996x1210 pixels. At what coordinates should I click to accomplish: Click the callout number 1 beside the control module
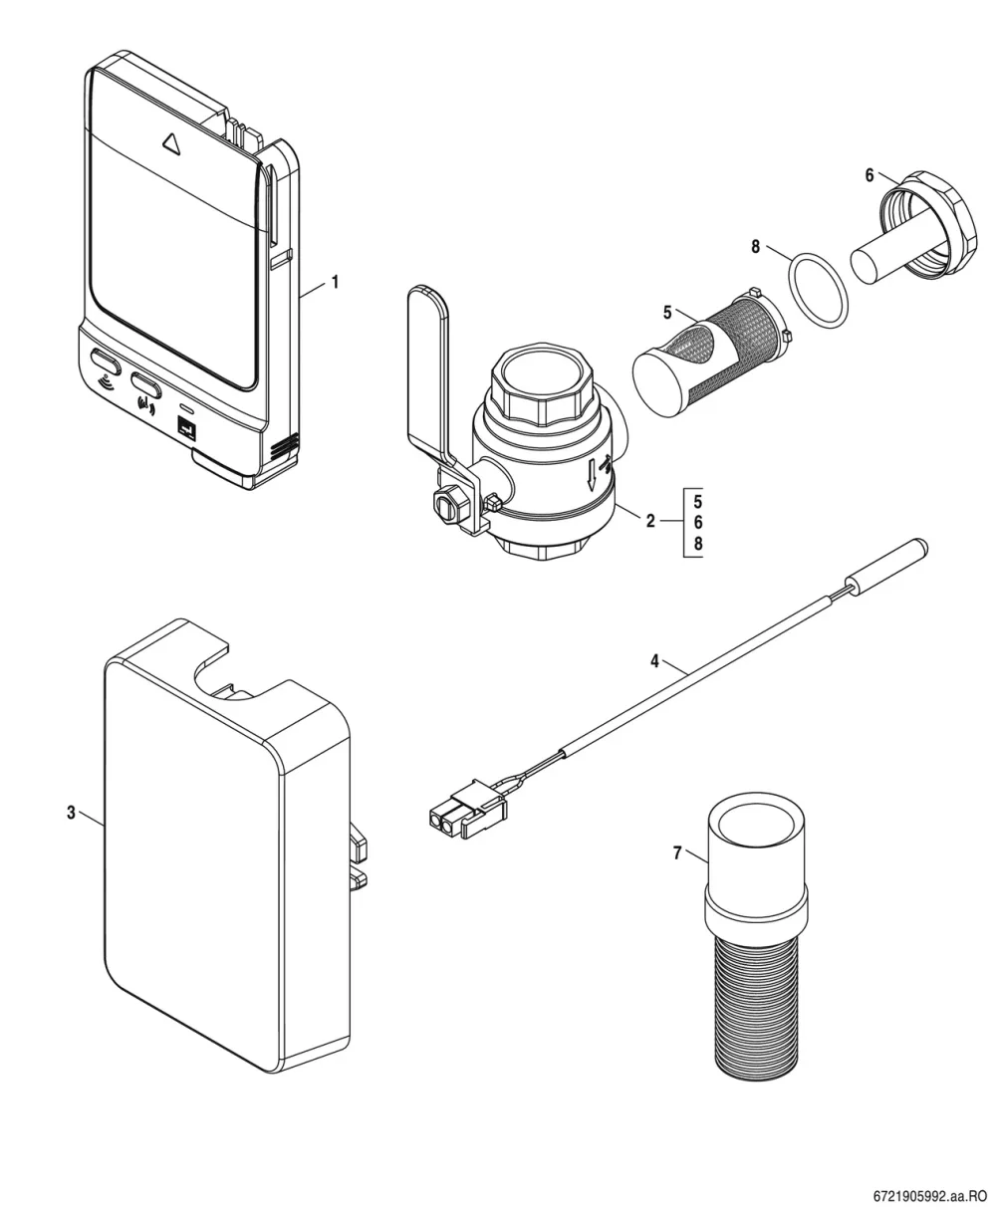(x=335, y=282)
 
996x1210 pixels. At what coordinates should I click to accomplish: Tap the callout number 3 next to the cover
(x=71, y=813)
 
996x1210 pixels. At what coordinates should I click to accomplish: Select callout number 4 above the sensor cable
(x=654, y=661)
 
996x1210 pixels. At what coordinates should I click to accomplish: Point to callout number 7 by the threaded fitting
(x=677, y=853)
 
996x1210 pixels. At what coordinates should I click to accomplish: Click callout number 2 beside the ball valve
(x=650, y=521)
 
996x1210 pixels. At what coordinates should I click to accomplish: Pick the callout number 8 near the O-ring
(x=756, y=247)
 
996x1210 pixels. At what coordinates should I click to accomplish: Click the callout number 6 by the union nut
(x=870, y=175)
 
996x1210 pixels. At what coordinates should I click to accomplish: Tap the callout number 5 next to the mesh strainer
(x=667, y=312)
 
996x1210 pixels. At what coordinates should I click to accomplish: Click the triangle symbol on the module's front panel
(x=171, y=141)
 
